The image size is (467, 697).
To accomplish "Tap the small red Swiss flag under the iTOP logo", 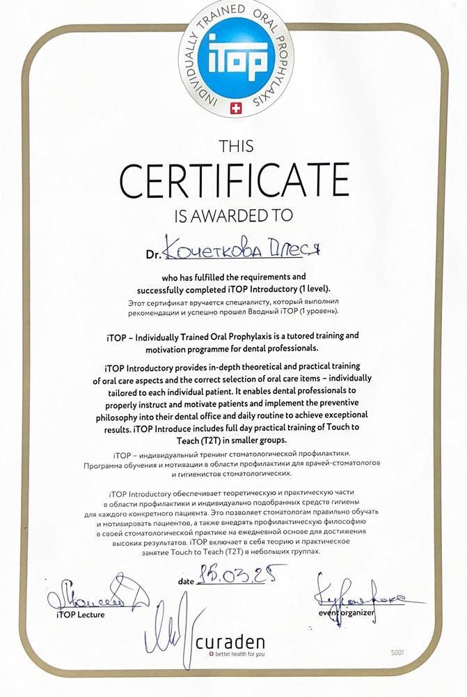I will (x=234, y=107).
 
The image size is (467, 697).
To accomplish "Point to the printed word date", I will (x=184, y=580).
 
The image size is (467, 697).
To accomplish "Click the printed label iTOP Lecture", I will (x=81, y=615).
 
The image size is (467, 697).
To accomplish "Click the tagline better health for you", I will (x=240, y=654).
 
